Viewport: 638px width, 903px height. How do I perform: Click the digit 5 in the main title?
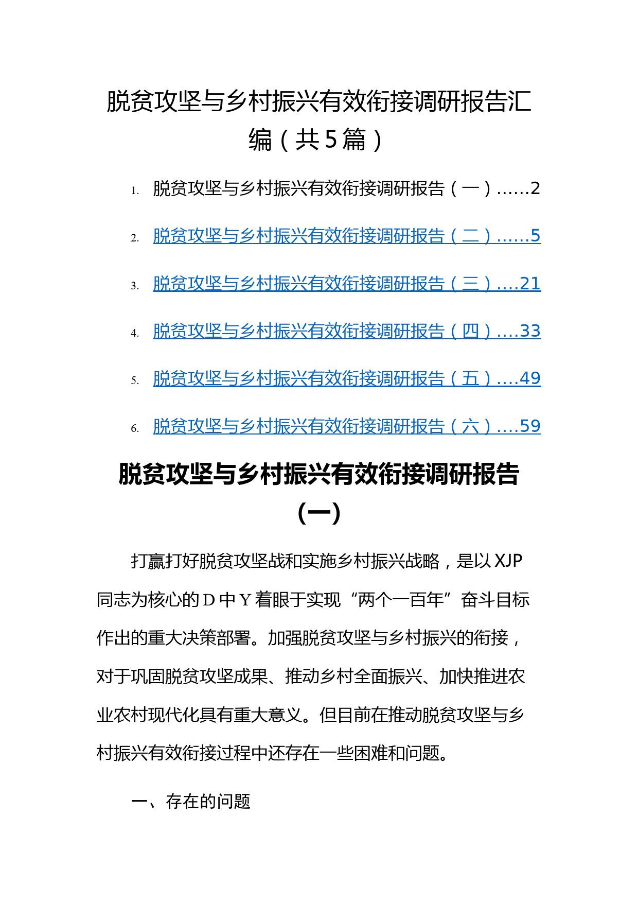point(331,139)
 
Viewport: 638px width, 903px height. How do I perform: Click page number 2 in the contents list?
point(536,188)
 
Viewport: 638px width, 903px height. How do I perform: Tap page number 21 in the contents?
point(530,284)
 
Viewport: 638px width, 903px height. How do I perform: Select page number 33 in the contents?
point(530,331)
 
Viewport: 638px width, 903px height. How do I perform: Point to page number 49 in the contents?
point(530,378)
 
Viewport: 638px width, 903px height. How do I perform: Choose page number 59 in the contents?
point(530,426)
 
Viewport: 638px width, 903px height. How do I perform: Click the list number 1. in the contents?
point(135,191)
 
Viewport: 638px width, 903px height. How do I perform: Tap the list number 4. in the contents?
point(135,334)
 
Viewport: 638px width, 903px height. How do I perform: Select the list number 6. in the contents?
point(135,429)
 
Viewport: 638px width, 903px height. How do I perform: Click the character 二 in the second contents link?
point(470,236)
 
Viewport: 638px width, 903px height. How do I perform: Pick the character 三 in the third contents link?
point(470,284)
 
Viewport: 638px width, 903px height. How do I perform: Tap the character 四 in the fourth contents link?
point(470,331)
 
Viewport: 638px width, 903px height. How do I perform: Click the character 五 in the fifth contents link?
point(470,379)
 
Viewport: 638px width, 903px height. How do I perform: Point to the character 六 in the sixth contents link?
point(470,426)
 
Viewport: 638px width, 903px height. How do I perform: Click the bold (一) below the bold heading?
point(319,513)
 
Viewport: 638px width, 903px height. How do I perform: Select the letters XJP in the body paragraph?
point(508,561)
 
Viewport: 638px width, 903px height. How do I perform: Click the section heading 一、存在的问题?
point(191,802)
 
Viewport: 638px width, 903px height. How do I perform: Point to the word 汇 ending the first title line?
point(519,101)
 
